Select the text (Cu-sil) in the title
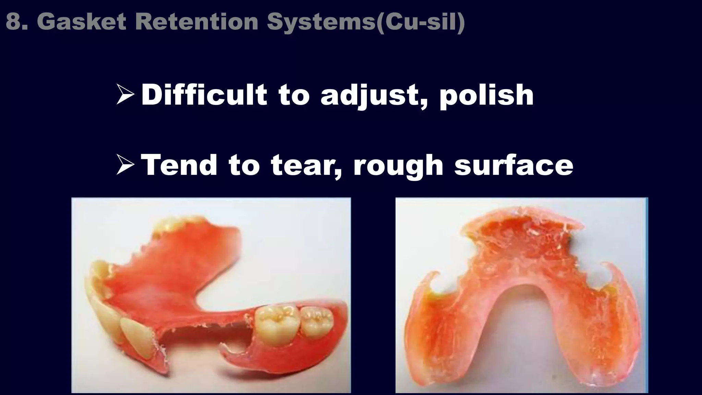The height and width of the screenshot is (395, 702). coord(420,22)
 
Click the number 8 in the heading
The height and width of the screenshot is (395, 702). coord(12,21)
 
